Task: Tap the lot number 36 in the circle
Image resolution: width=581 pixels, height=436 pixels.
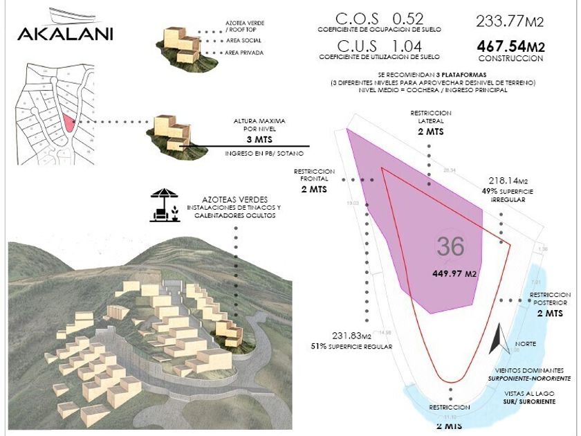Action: (450, 246)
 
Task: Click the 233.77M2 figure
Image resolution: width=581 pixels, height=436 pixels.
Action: (510, 21)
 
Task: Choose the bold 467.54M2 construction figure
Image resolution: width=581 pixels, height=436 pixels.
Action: (510, 47)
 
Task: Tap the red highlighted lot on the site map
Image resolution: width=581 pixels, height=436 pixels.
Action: (68, 122)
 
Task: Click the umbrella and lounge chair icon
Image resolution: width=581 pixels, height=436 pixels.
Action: (165, 206)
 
